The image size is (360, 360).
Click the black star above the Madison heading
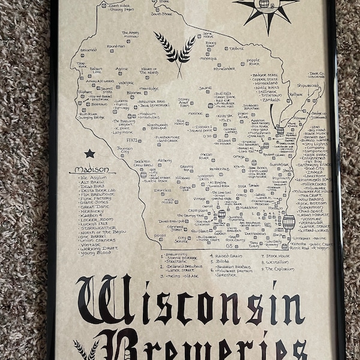pos(89,154)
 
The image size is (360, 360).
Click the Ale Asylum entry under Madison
pos(93,178)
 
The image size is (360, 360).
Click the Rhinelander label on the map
pos(224,68)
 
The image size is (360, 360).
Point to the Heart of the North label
pos(149,71)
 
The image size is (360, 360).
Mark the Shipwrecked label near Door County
pos(308,85)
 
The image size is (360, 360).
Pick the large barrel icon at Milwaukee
pos(289,223)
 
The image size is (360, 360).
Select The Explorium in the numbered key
pos(277,269)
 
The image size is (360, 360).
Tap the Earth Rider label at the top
pos(119,5)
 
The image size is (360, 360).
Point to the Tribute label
pos(236,49)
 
